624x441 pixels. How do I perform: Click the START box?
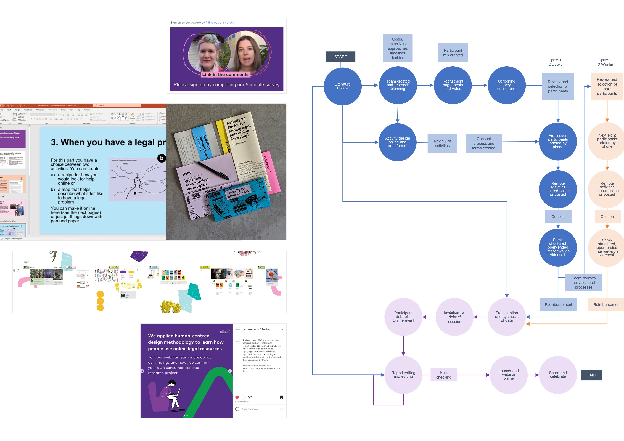point(340,57)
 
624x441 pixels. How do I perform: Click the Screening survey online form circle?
point(507,85)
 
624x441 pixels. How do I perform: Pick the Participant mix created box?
point(453,53)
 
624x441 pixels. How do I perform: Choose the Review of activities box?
point(442,143)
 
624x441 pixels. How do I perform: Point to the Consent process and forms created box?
point(483,143)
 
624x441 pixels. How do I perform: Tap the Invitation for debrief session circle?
point(454,317)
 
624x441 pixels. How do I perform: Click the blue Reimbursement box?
point(558,305)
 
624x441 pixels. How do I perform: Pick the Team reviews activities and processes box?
point(583,283)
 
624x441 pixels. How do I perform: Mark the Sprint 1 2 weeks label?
point(555,62)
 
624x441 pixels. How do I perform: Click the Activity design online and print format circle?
point(397,142)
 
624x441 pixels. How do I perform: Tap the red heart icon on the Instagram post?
point(237,398)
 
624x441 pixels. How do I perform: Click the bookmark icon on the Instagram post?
point(282,398)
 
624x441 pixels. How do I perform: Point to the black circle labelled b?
point(162,158)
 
